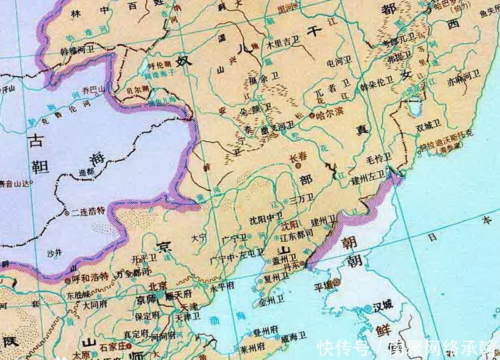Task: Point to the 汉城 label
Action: (382, 306)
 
